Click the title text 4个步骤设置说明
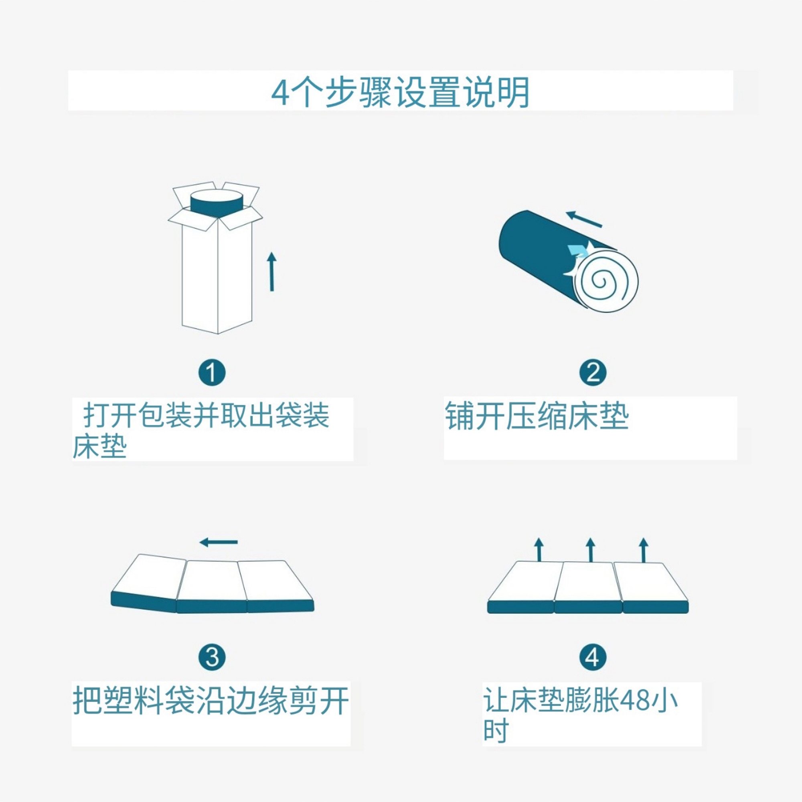click(x=400, y=92)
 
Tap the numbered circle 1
click(x=212, y=373)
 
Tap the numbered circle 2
click(x=593, y=373)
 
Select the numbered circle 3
click(x=212, y=658)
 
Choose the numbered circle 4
click(x=593, y=658)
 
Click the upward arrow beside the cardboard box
click(x=272, y=271)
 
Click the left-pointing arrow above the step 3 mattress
click(x=219, y=542)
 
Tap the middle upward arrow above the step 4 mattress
click(x=590, y=550)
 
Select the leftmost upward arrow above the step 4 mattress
click(x=539, y=550)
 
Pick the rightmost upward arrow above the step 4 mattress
click(x=644, y=550)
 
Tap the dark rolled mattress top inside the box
click(x=216, y=203)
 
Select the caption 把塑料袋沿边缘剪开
click(x=211, y=701)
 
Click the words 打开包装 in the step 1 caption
click(x=138, y=415)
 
